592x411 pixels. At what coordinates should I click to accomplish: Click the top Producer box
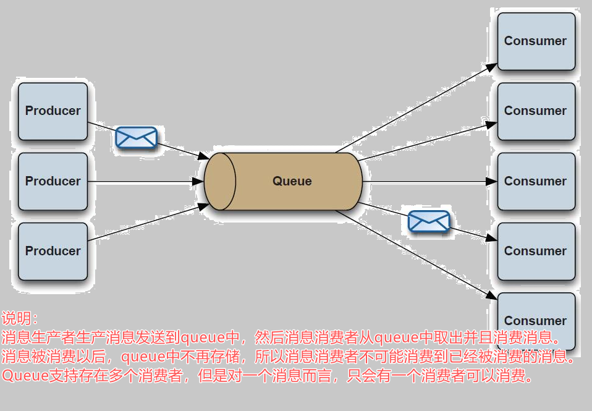click(x=53, y=111)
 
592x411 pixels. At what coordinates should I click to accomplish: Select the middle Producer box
click(x=53, y=181)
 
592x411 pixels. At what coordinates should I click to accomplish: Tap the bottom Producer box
click(x=53, y=251)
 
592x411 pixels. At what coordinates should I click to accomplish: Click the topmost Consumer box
click(x=536, y=41)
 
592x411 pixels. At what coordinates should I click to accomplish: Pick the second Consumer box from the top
click(x=536, y=111)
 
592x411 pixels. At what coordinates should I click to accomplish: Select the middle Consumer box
click(x=536, y=181)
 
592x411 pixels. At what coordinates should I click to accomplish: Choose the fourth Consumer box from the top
click(x=536, y=251)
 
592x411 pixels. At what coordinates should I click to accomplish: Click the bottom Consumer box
click(x=536, y=321)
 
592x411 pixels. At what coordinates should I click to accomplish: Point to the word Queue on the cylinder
click(x=292, y=182)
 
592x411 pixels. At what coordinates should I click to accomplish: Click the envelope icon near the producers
click(x=136, y=137)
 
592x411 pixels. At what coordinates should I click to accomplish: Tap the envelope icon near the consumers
click(x=429, y=221)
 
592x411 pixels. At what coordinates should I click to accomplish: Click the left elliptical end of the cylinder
click(x=220, y=182)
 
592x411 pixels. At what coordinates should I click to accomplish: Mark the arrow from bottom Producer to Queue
click(x=148, y=223)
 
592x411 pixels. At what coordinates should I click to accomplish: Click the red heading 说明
click(x=19, y=319)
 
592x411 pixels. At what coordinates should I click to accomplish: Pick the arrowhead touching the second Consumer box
click(x=491, y=125)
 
